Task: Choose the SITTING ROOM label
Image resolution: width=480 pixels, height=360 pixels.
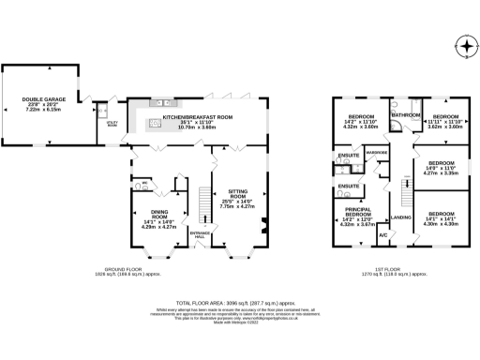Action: (233, 188)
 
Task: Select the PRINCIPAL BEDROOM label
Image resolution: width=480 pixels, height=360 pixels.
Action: (362, 217)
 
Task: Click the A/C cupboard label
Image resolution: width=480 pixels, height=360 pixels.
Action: (383, 234)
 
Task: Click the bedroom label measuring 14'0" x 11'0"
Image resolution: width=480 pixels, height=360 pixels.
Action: (442, 167)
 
